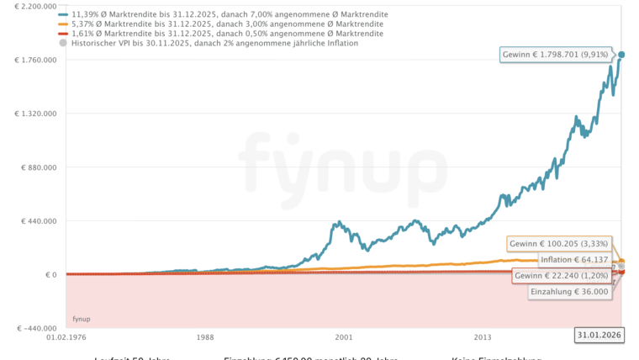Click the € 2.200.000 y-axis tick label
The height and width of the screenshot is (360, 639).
(x=33, y=6)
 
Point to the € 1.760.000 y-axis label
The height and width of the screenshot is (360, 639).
(x=33, y=60)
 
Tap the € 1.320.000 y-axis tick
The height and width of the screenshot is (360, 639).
(x=33, y=114)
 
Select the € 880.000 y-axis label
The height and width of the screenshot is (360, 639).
(x=38, y=167)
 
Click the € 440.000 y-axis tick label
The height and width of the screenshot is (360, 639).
(x=38, y=221)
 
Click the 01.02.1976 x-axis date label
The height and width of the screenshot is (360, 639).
(x=67, y=337)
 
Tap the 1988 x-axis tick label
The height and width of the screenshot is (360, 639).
(x=204, y=337)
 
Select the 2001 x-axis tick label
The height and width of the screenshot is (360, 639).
(x=343, y=337)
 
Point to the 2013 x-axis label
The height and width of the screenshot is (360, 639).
(x=482, y=337)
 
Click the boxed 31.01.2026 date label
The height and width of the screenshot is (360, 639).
(x=598, y=336)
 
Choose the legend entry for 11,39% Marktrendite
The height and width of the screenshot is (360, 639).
(x=227, y=15)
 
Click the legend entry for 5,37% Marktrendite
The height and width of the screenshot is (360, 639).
(x=227, y=24)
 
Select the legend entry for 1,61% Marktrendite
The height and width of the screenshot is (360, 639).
(x=227, y=34)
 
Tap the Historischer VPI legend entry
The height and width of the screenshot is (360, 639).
(x=214, y=43)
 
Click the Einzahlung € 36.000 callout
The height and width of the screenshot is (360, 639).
(x=569, y=292)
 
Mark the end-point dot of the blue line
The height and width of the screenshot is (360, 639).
(x=621, y=56)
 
